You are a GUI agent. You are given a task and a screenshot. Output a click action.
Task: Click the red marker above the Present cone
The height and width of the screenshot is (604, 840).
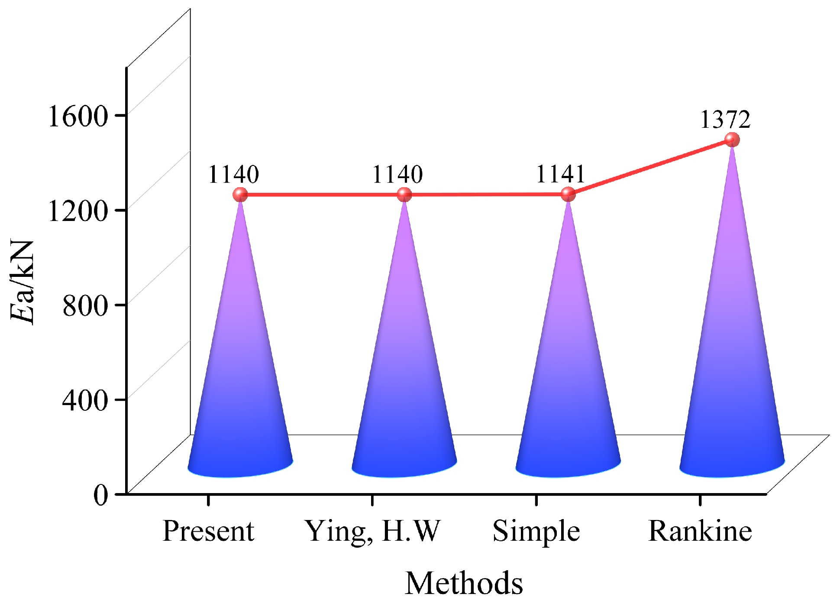tap(240, 195)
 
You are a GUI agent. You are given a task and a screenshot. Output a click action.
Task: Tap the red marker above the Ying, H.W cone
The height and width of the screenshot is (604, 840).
tap(404, 195)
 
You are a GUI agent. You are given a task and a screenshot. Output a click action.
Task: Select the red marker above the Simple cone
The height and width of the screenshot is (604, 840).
tap(568, 195)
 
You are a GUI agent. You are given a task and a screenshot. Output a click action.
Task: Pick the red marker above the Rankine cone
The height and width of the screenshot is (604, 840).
tap(732, 140)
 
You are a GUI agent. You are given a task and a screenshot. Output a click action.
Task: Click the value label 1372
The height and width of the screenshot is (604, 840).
tap(725, 120)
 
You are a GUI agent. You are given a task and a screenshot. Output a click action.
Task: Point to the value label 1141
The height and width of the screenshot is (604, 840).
tap(561, 175)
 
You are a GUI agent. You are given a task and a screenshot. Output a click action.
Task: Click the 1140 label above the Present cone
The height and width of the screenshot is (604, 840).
tap(233, 175)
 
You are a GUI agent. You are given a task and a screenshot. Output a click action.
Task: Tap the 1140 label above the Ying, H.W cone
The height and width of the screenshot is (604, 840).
tap(397, 175)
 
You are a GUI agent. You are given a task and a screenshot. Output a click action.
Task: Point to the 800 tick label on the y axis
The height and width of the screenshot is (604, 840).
tap(85, 305)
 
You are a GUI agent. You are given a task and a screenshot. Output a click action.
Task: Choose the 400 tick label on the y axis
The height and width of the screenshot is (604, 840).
tap(85, 400)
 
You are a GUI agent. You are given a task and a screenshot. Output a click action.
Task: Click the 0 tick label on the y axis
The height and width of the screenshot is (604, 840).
tap(101, 495)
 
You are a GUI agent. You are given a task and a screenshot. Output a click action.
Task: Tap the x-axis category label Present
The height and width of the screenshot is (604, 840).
tap(208, 531)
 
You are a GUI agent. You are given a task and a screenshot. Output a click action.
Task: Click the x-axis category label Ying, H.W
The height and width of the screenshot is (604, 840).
tap(372, 532)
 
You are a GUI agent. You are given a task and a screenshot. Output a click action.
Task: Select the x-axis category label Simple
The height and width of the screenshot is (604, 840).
tap(536, 532)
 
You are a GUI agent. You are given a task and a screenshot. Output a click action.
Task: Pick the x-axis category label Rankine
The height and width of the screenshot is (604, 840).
tap(700, 531)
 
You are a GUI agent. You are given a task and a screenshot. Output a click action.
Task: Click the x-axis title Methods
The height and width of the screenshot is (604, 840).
tap(464, 583)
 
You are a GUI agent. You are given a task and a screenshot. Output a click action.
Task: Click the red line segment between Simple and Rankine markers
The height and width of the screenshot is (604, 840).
tap(650, 167)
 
